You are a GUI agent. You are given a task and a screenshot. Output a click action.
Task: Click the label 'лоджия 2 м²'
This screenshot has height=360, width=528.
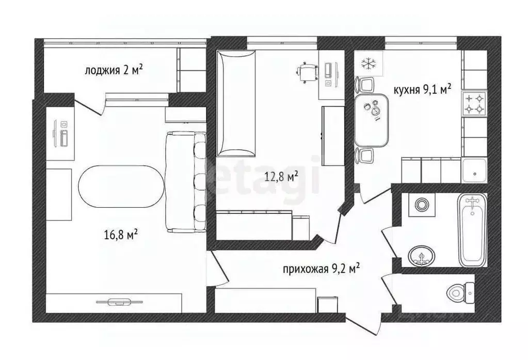[113, 70]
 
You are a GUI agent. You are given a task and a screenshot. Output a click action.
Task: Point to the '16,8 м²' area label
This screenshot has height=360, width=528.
[120, 235]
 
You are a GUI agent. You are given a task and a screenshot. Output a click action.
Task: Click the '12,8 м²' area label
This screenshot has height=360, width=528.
[281, 177]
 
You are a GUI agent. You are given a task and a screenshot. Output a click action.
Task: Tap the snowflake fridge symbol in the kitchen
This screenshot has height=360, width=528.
[367, 64]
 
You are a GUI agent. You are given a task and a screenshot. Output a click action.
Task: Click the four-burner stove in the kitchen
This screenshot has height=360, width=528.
[474, 103]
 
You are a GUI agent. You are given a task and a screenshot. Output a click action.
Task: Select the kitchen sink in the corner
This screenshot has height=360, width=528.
[474, 170]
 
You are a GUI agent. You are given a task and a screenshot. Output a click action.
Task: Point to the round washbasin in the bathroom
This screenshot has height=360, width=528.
[422, 255]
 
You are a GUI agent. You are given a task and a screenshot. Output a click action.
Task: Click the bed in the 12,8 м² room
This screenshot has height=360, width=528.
[236, 103]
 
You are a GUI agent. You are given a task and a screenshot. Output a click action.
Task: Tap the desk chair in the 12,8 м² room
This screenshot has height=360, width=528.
[307, 72]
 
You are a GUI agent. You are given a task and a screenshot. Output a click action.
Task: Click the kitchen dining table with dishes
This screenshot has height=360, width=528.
[371, 119]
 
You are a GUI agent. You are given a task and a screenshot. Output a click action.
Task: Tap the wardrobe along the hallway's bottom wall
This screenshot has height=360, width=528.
[265, 300]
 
